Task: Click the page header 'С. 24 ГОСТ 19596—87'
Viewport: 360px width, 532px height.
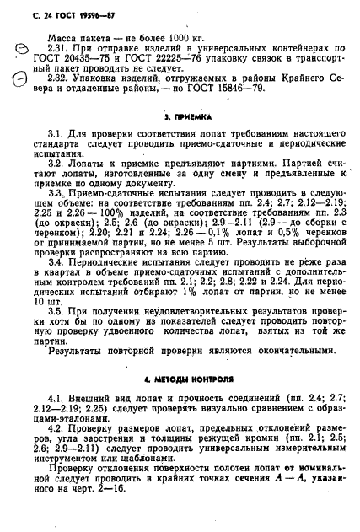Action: coord(56,11)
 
